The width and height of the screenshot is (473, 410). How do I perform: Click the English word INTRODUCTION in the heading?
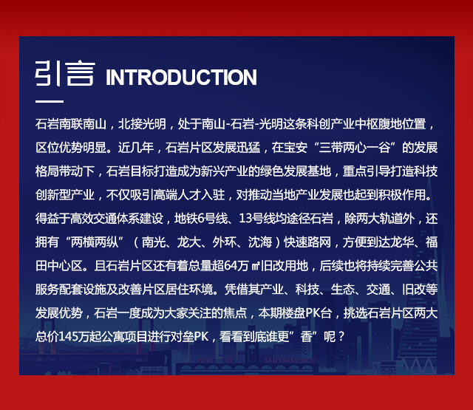[181, 78]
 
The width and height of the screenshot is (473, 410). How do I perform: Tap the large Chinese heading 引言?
[65, 73]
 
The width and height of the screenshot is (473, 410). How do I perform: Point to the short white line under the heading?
[50, 101]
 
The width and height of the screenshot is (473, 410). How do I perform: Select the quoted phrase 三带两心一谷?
[355, 148]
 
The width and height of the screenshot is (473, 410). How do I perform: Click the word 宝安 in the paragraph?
[296, 148]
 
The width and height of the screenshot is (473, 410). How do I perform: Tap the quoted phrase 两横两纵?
[94, 242]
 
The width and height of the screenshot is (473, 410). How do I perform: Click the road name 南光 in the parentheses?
[153, 242]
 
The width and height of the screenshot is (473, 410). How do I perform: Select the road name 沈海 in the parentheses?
[259, 242]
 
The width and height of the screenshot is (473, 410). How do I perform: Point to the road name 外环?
[224, 242]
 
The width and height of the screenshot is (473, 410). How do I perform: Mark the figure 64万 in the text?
[236, 266]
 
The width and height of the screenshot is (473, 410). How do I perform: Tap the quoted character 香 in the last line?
[306, 337]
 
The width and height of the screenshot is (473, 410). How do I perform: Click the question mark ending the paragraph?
[341, 337]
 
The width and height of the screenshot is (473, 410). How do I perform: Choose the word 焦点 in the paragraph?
[236, 313]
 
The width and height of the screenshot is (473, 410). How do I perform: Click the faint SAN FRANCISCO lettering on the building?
[290, 361]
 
